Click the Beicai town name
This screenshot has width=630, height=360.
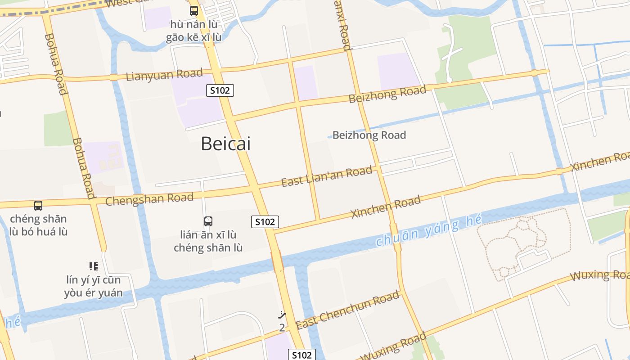[225, 144]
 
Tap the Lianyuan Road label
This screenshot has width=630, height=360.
[164, 75]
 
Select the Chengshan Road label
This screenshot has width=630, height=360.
[149, 198]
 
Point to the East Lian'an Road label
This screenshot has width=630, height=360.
[327, 176]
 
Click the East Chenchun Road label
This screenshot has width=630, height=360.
[348, 310]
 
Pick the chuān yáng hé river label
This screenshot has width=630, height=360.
[429, 230]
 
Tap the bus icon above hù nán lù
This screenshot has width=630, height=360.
[194, 10]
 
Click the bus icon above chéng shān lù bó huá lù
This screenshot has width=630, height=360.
[38, 206]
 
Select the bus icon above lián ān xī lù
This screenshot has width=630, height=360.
[208, 221]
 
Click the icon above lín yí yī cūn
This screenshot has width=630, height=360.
[93, 266]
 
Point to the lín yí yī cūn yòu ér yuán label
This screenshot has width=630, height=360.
[94, 287]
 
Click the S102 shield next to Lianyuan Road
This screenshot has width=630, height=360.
[220, 90]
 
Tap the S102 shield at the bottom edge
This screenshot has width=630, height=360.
[301, 355]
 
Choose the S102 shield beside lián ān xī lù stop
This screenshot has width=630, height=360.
[265, 221]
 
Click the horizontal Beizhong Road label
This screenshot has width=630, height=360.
[369, 135]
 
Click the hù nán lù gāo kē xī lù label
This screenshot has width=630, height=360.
[193, 31]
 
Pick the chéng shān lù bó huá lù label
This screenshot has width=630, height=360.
[38, 225]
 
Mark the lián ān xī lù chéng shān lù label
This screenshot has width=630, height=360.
[208, 241]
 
